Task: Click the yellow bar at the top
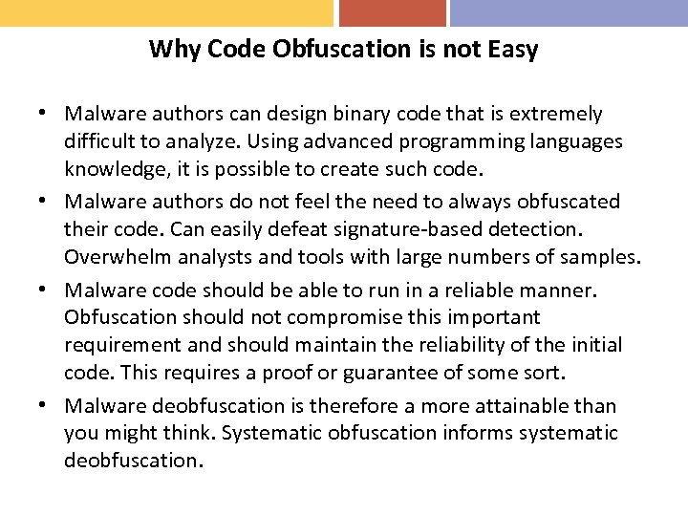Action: pyautogui.click(x=166, y=12)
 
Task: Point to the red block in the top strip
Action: pyautogui.click(x=393, y=12)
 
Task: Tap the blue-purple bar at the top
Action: pyautogui.click(x=569, y=12)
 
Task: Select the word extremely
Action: pyautogui.click(x=555, y=115)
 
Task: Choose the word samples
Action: pyautogui.click(x=602, y=257)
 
